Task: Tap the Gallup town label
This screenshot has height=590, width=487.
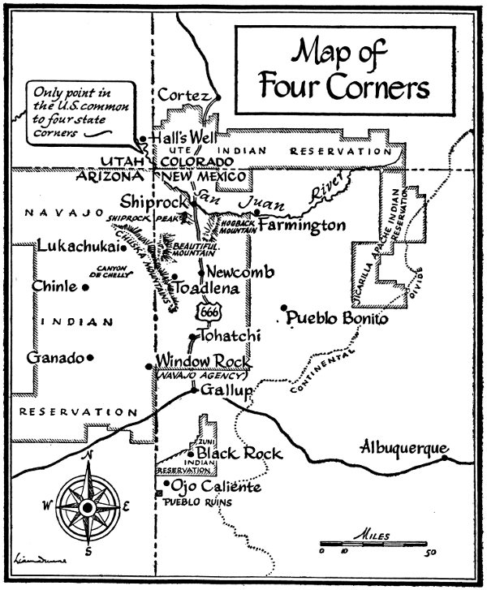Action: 222,392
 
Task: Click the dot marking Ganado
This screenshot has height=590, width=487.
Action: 91,358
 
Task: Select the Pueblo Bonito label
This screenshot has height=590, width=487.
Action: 334,319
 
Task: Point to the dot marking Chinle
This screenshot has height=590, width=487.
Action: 84,287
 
